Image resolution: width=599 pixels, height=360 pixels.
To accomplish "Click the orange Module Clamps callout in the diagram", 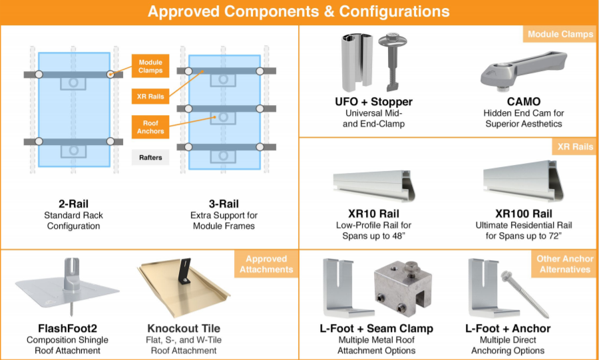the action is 150,66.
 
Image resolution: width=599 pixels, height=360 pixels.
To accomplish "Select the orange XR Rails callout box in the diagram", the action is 150,96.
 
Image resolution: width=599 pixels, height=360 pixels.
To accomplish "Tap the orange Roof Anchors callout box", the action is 150,127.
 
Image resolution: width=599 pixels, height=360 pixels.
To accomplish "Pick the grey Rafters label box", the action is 150,157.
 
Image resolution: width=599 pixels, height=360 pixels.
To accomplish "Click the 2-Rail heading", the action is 73,204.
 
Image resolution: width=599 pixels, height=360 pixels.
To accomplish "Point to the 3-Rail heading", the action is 224,204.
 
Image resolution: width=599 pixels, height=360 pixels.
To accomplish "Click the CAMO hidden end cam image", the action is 523,72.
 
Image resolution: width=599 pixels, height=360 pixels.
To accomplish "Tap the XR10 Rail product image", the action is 374,185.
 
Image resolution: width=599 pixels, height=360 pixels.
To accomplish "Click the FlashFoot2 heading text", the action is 67,328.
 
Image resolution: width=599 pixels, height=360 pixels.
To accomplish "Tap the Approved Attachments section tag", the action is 266,264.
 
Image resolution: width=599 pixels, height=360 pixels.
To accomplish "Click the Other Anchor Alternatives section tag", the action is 564,264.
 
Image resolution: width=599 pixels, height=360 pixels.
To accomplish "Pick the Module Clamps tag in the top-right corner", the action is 560,35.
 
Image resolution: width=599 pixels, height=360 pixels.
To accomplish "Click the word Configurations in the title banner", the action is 394,11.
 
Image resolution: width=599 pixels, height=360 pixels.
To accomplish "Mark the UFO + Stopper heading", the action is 373,102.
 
